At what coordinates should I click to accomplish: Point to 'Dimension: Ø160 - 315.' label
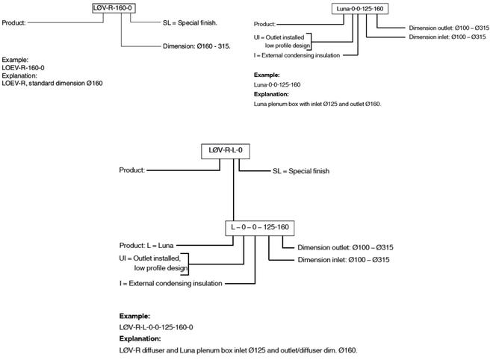click(x=196, y=46)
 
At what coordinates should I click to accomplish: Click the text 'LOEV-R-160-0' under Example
click(x=23, y=66)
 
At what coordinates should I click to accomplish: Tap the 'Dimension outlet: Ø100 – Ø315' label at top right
click(x=449, y=28)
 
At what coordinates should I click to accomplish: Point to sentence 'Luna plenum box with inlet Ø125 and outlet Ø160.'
click(x=318, y=104)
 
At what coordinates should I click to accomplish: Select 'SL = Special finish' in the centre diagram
click(x=300, y=171)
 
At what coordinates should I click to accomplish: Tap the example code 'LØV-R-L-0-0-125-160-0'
click(x=161, y=327)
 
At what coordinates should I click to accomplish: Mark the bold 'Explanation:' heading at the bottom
click(x=140, y=338)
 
